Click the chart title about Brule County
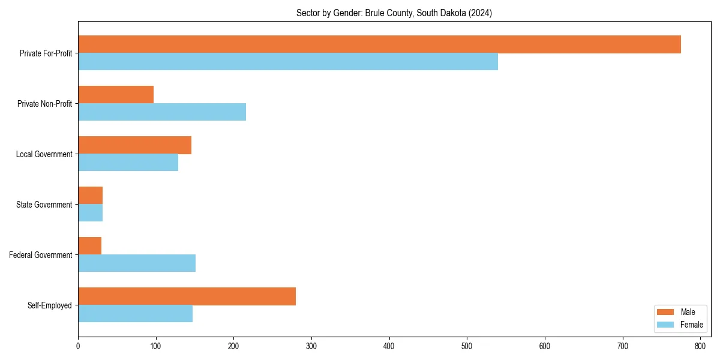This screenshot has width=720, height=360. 394,13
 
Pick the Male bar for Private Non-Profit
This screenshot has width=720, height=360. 116,95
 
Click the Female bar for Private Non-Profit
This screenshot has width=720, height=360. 162,112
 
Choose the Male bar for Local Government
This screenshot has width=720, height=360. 134,145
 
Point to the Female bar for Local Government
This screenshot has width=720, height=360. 128,163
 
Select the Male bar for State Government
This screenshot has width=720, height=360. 90,196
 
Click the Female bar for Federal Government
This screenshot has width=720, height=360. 137,263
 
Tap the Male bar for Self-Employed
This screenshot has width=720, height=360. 187,296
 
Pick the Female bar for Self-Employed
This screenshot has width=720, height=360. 135,314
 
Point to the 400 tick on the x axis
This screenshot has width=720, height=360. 389,346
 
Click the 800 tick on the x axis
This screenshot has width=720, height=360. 700,346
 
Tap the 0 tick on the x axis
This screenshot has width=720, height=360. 78,346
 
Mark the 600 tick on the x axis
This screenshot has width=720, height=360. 545,346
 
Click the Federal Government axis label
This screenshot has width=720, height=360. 41,255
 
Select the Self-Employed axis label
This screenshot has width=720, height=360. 50,305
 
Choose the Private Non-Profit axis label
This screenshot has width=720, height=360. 45,104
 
